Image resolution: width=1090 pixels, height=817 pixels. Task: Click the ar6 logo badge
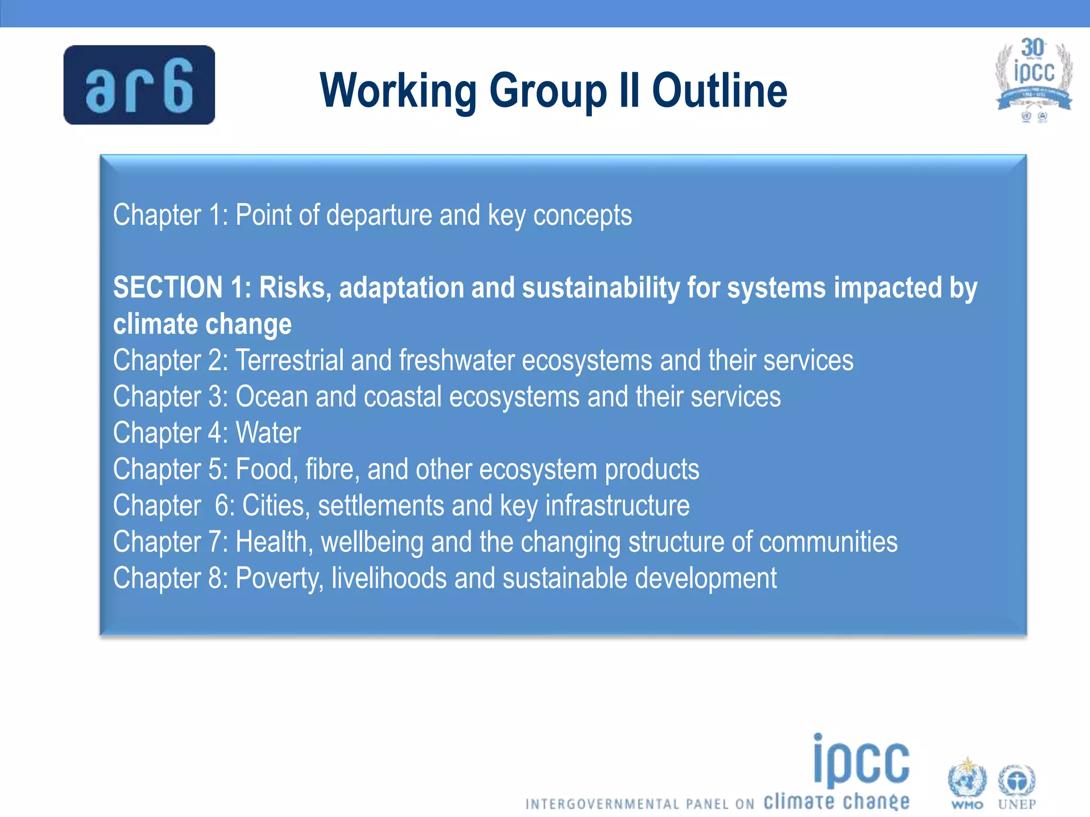139,85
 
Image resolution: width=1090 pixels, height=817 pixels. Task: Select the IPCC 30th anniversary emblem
1034,80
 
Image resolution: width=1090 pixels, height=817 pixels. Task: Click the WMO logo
967,783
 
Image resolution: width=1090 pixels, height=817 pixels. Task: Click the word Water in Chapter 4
268,433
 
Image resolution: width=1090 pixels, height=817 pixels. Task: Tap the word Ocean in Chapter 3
271,397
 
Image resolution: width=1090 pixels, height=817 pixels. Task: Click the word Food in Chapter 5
263,469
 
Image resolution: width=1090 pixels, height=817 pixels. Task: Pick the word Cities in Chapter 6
275,505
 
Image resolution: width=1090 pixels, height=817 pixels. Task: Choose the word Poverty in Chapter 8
279,578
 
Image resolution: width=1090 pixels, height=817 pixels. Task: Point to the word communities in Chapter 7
828,542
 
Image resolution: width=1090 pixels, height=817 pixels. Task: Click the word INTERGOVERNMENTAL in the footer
602,804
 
